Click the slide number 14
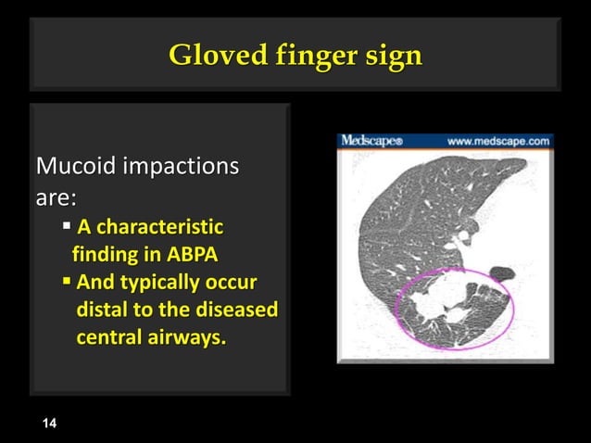click(49, 424)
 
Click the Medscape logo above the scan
click(371, 142)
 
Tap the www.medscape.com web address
click(498, 142)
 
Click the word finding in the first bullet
click(103, 254)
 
